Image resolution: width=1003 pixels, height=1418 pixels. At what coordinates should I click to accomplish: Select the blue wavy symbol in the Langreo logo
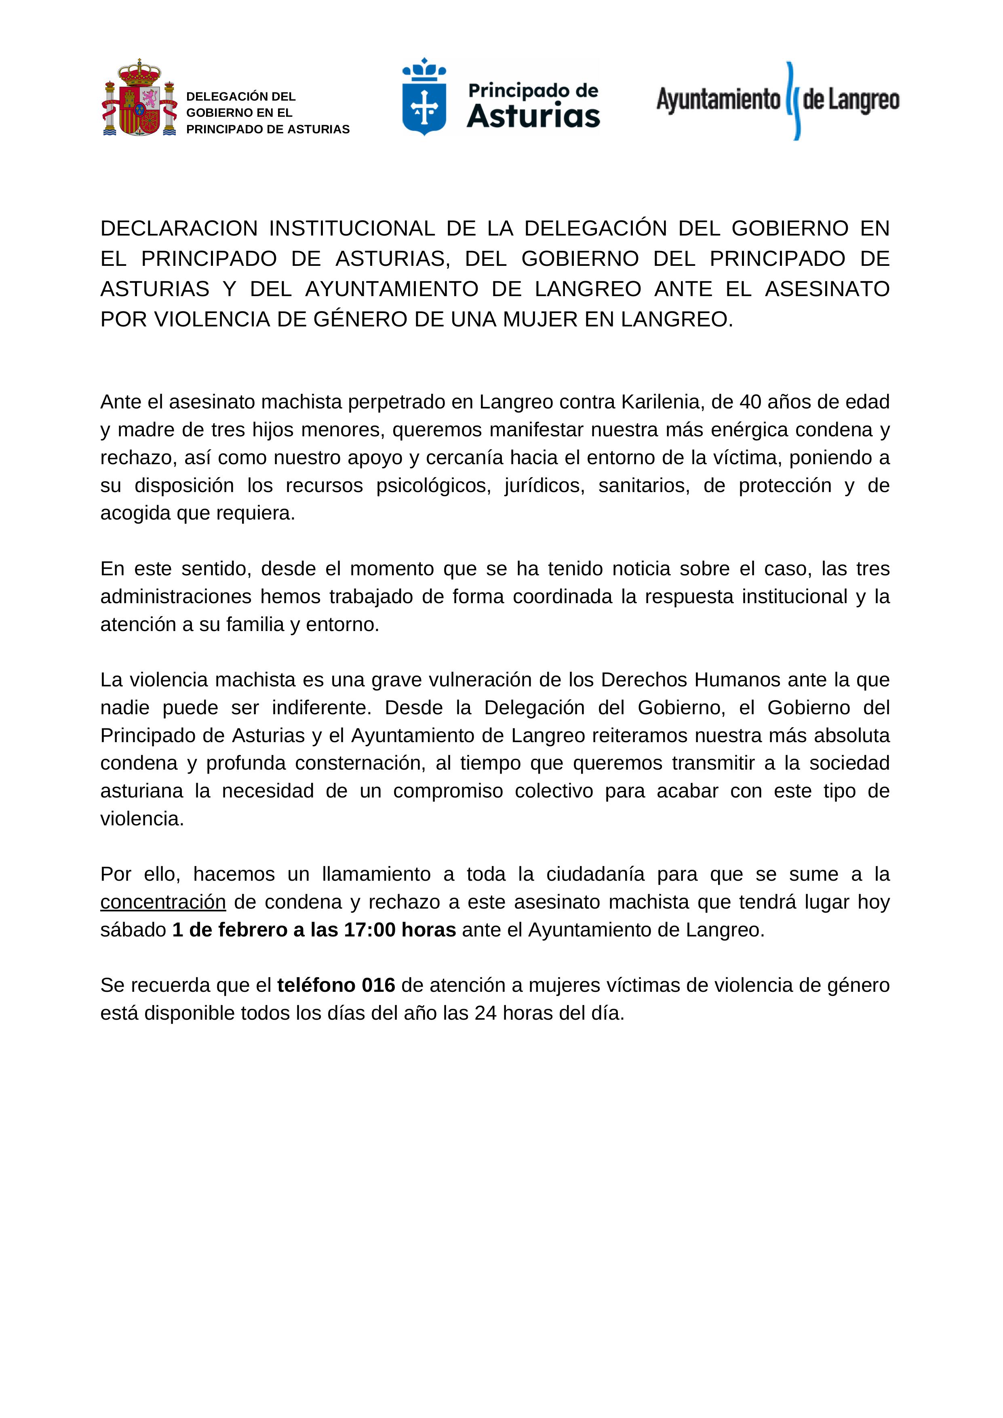tap(792, 101)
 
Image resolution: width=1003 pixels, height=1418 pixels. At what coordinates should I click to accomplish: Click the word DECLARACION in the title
tap(179, 229)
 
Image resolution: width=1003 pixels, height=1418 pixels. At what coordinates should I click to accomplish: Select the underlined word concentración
tap(163, 902)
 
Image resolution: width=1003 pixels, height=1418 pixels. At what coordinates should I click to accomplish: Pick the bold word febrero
tap(252, 930)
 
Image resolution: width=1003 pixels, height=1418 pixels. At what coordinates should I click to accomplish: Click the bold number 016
tap(378, 985)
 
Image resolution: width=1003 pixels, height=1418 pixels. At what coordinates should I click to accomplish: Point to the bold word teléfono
tap(316, 985)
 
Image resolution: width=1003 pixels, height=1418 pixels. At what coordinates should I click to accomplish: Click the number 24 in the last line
tap(485, 1014)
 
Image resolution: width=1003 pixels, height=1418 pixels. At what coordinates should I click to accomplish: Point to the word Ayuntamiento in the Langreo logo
tap(718, 99)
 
